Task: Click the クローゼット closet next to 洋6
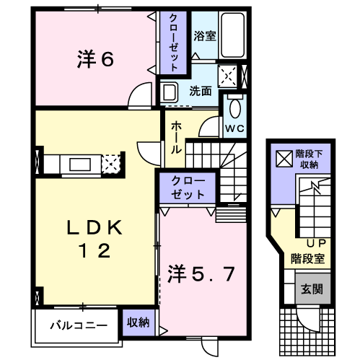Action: [174, 41]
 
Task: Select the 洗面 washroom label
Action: [201, 92]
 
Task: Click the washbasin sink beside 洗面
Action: [170, 92]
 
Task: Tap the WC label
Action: [234, 128]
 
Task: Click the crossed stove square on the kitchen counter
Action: [111, 164]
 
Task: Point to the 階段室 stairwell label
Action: [306, 257]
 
